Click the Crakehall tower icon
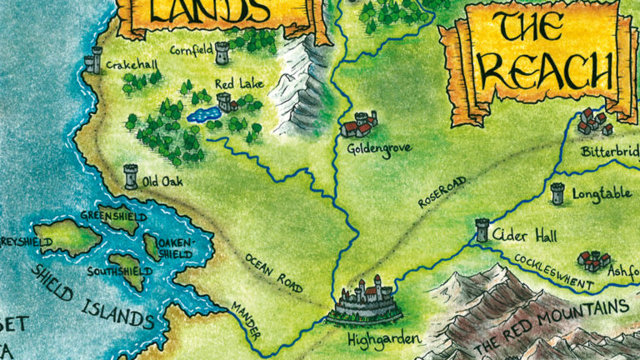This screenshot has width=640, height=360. [93, 59]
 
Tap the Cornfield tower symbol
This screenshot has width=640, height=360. [222, 52]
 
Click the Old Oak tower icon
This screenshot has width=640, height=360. [131, 176]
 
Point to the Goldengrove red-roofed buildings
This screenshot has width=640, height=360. [358, 125]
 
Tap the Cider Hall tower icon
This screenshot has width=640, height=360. [482, 230]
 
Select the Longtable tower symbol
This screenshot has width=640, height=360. [557, 193]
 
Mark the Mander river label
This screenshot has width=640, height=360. [246, 320]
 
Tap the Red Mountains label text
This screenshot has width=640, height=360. [550, 326]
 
